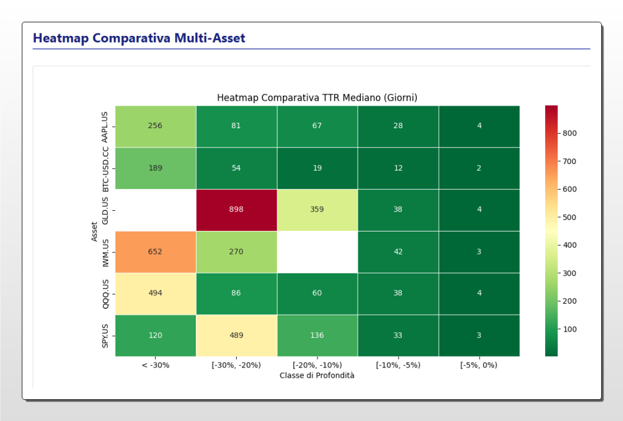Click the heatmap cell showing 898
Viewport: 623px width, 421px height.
[236, 210]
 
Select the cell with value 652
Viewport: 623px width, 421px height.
[155, 252]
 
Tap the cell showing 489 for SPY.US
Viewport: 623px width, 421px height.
[236, 335]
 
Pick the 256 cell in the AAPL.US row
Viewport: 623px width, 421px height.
[155, 126]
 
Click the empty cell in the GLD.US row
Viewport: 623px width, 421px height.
[155, 210]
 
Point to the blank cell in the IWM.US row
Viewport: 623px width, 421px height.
[317, 252]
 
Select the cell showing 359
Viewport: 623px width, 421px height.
[317, 210]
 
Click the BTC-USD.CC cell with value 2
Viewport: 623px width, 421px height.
[479, 168]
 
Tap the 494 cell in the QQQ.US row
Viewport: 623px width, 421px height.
[155, 293]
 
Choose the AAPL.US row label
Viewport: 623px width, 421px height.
[105, 126]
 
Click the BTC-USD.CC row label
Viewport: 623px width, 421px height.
[105, 168]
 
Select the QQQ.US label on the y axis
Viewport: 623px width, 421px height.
[105, 293]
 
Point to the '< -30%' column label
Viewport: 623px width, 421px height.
[155, 365]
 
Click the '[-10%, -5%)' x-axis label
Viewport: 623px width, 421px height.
[398, 365]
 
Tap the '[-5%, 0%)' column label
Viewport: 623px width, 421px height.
[479, 365]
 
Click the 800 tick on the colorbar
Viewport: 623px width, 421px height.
[569, 133]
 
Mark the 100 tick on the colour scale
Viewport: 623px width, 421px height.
[569, 329]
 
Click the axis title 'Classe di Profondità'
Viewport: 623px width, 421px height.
[317, 375]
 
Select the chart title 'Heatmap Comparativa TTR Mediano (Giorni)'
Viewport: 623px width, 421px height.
[317, 98]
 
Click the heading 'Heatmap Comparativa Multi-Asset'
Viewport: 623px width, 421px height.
[139, 38]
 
